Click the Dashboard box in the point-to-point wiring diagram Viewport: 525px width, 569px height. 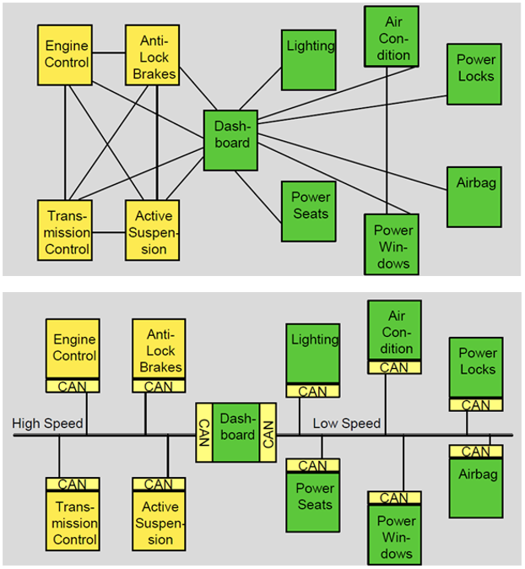[x=230, y=140]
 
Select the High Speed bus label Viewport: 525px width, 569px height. [x=47, y=424]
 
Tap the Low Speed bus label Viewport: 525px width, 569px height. [x=347, y=424]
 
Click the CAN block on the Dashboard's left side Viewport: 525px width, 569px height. [x=204, y=432]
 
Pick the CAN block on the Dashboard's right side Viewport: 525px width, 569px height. [x=268, y=432]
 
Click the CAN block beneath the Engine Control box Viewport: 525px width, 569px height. [x=73, y=386]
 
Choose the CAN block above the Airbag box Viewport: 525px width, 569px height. [x=476, y=452]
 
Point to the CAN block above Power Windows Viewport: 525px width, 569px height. [x=394, y=498]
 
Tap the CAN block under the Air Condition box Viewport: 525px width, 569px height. [x=394, y=367]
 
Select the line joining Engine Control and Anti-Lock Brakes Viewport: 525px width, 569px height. [x=109, y=53]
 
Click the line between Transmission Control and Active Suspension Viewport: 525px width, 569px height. [x=109, y=232]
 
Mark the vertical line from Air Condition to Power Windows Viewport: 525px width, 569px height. [x=387, y=140]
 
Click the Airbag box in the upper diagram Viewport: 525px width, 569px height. [x=474, y=197]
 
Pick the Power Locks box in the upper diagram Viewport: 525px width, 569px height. [x=474, y=74]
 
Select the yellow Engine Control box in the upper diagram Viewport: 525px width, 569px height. [x=65, y=55]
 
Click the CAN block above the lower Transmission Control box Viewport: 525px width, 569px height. [x=73, y=484]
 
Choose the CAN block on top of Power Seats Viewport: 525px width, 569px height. [x=313, y=465]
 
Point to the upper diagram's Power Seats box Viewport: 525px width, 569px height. [x=309, y=212]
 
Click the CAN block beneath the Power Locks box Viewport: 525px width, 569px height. [x=476, y=404]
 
